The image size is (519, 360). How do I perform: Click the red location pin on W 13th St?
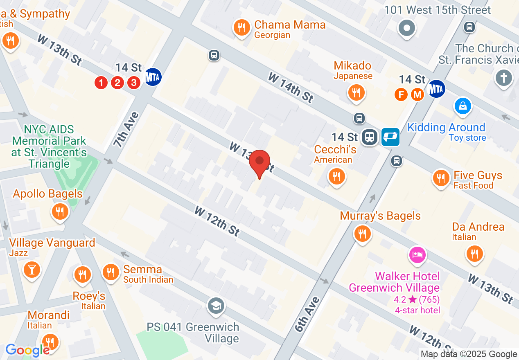point(259,162)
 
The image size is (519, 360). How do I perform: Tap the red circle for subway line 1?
point(101,83)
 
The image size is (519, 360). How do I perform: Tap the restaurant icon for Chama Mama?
point(242,28)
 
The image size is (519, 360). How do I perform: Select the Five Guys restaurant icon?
point(441,178)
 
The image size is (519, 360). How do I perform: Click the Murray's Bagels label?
point(380,216)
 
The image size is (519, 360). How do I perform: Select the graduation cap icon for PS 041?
point(216,305)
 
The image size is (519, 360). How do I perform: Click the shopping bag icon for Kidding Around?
point(463,106)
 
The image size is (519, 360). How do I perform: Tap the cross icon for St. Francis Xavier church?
point(504,77)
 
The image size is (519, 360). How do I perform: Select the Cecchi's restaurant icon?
point(336,176)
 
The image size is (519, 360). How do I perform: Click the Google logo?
point(27,350)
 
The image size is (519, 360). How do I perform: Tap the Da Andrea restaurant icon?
point(474,253)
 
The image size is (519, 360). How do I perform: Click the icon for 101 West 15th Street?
point(407,28)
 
